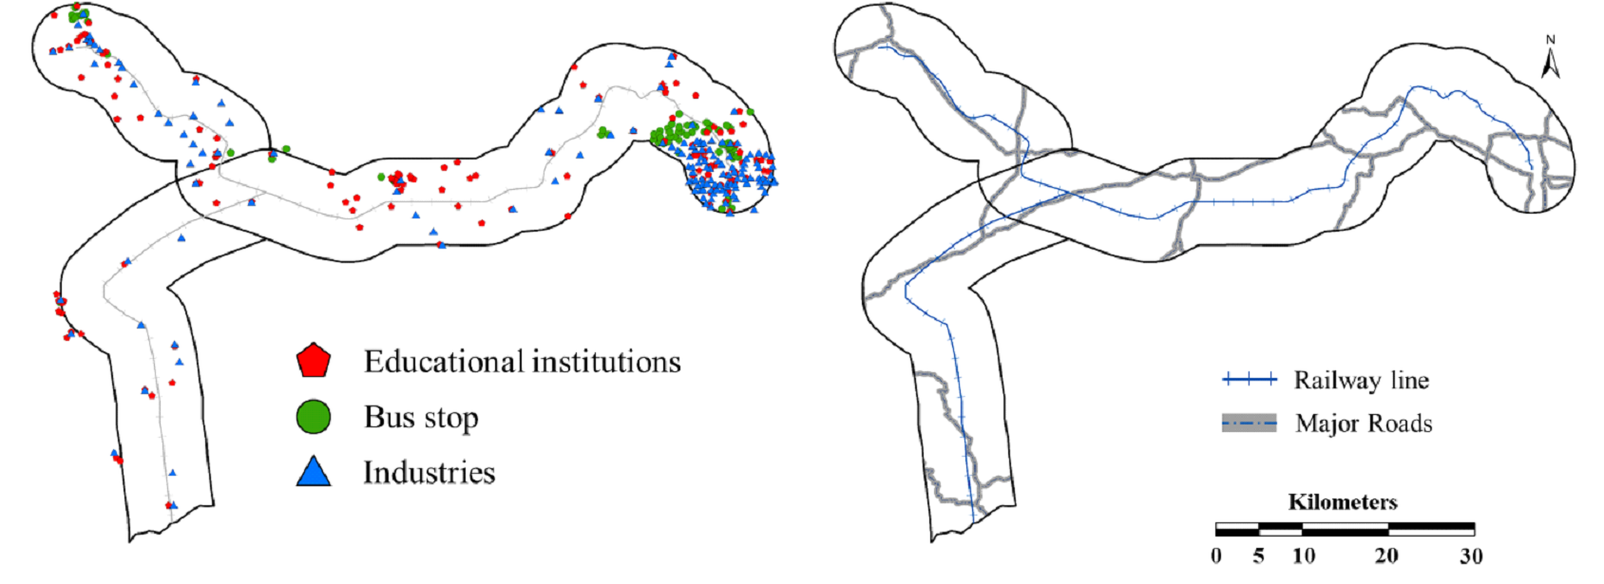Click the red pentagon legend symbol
click(313, 360)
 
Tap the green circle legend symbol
click(313, 417)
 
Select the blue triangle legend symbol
click(314, 472)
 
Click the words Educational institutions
click(522, 362)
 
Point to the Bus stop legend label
click(421, 418)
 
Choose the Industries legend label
click(429, 473)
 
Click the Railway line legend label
click(1361, 381)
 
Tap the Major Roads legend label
click(1364, 424)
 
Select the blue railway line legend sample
click(1250, 380)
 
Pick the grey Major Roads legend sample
click(1250, 424)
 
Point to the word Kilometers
click(1343, 502)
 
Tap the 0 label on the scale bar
click(1216, 556)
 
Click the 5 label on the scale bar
click(1259, 556)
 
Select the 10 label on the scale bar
click(1304, 556)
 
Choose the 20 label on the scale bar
click(1386, 556)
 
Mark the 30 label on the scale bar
click(1471, 556)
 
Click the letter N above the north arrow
click(1551, 40)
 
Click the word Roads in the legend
click(1400, 424)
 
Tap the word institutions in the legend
click(606, 362)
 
